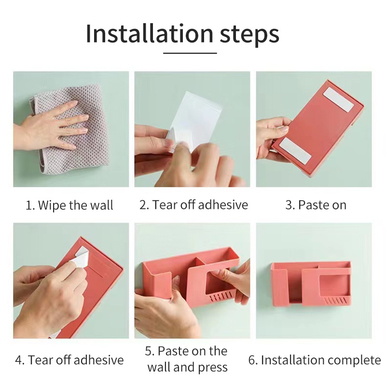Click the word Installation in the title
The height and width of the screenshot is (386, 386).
coord(150,34)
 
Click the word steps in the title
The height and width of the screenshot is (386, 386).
coord(249,36)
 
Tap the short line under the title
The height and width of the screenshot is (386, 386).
coord(190,53)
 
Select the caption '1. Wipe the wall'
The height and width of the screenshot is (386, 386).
coord(69,205)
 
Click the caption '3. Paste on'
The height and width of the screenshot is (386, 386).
coord(316,205)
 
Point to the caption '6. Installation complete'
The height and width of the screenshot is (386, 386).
coord(315,360)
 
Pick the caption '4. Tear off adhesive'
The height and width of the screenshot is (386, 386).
coord(69,360)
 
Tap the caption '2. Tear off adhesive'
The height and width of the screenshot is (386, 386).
coord(193,205)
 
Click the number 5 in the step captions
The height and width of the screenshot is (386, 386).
coord(148,351)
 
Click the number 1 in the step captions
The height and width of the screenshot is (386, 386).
coord(28,206)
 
